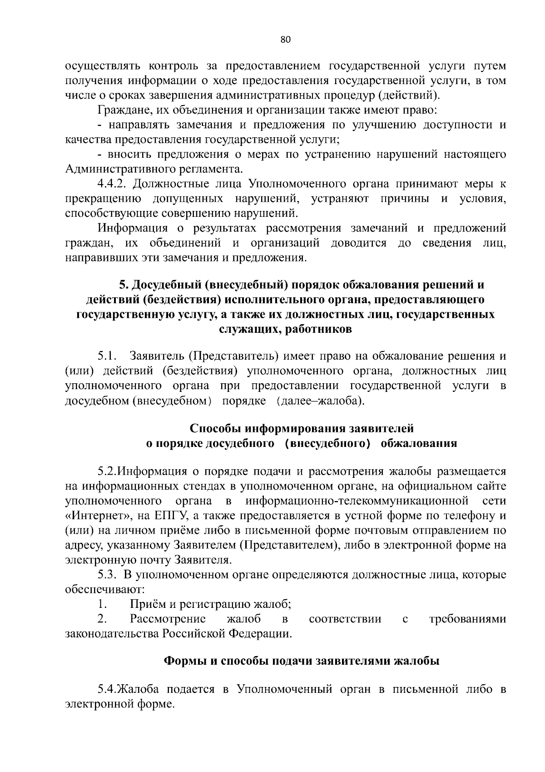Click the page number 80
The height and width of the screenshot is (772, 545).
(285, 39)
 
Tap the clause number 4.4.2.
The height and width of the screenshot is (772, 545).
(114, 184)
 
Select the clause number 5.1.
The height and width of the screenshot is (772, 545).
(108, 355)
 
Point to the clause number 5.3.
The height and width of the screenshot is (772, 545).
(107, 575)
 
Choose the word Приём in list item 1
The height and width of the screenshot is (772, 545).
(148, 604)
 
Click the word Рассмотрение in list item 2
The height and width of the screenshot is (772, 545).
(168, 619)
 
